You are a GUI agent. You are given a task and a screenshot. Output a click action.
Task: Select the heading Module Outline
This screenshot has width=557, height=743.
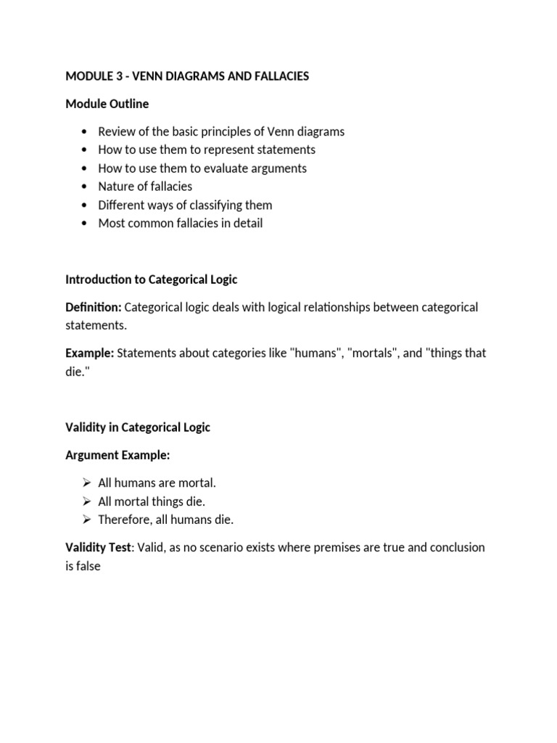pyautogui.click(x=107, y=104)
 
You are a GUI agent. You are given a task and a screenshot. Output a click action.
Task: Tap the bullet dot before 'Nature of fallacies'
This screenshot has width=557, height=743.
pyautogui.click(x=86, y=186)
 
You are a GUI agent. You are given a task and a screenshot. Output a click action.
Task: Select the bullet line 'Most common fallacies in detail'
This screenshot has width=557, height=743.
pyautogui.click(x=180, y=223)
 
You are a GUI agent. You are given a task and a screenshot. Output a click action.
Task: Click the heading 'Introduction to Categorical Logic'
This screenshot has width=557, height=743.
pyautogui.click(x=151, y=279)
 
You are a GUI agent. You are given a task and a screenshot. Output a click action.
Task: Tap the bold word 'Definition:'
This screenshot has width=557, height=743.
pyautogui.click(x=93, y=307)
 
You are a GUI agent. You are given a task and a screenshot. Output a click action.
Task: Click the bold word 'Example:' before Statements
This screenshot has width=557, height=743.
pyautogui.click(x=90, y=353)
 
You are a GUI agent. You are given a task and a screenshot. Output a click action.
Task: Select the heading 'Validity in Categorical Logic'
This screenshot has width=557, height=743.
pyautogui.click(x=138, y=427)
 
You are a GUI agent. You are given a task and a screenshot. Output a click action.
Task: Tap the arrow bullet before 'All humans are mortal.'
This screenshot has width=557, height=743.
pyautogui.click(x=86, y=483)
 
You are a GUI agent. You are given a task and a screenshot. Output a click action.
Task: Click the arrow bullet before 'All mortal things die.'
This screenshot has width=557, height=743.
pyautogui.click(x=86, y=501)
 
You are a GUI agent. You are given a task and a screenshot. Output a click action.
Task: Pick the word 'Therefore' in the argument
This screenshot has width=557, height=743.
pyautogui.click(x=124, y=520)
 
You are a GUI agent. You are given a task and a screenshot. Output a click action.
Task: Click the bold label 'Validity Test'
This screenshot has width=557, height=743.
pyautogui.click(x=96, y=547)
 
